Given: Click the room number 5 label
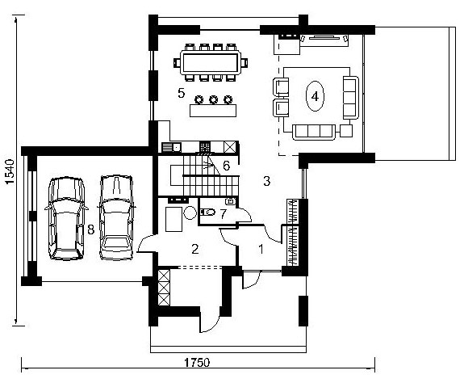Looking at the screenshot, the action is tap(181, 93).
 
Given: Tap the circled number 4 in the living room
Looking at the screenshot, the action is tap(315, 96).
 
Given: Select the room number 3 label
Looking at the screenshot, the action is tap(266, 181).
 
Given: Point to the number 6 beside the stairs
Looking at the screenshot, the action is tap(227, 166).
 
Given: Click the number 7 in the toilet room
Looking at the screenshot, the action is tap(224, 214).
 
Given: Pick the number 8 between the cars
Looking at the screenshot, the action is tap(91, 229).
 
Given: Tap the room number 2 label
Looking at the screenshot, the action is tap(194, 249).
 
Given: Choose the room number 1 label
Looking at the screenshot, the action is tap(261, 249).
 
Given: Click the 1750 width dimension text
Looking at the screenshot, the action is tap(197, 363).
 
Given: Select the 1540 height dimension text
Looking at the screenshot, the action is tap(10, 171).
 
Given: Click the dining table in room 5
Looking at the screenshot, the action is tap(211, 62).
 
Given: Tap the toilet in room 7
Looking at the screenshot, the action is tap(207, 212).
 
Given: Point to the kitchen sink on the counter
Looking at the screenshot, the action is tap(172, 147).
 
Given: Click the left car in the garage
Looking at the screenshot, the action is tap(67, 218).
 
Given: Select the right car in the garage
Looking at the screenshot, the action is tap(116, 217).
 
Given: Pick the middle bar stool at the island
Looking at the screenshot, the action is tap(214, 99).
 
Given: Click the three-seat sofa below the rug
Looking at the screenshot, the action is tap(314, 132).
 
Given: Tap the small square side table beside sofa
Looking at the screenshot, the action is tap(346, 131).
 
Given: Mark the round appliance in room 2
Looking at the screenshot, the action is tap(190, 213).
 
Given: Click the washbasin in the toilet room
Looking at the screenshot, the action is tap(231, 201).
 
